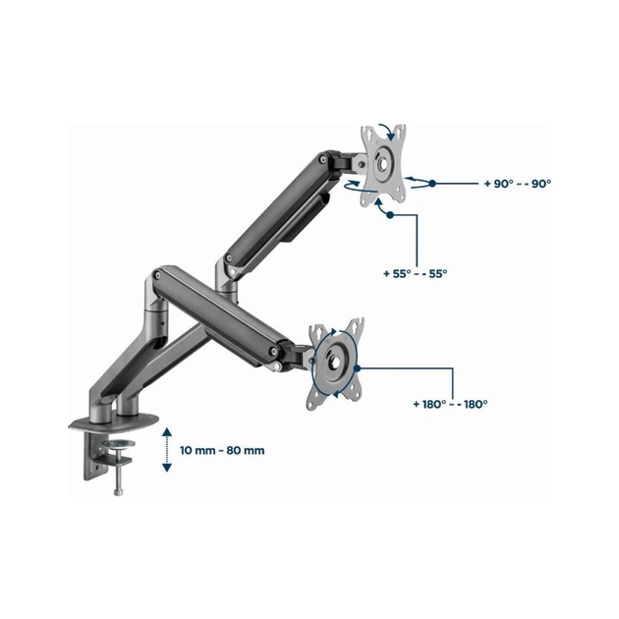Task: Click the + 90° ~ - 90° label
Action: click(x=517, y=184)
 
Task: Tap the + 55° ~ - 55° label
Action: click(x=416, y=273)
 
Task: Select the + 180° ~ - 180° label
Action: click(x=450, y=404)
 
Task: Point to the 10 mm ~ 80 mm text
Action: click(x=222, y=450)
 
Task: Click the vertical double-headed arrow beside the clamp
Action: click(x=167, y=450)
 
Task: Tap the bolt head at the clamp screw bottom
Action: click(x=118, y=492)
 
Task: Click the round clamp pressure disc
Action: click(x=119, y=444)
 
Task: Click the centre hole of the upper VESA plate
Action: click(x=383, y=163)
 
